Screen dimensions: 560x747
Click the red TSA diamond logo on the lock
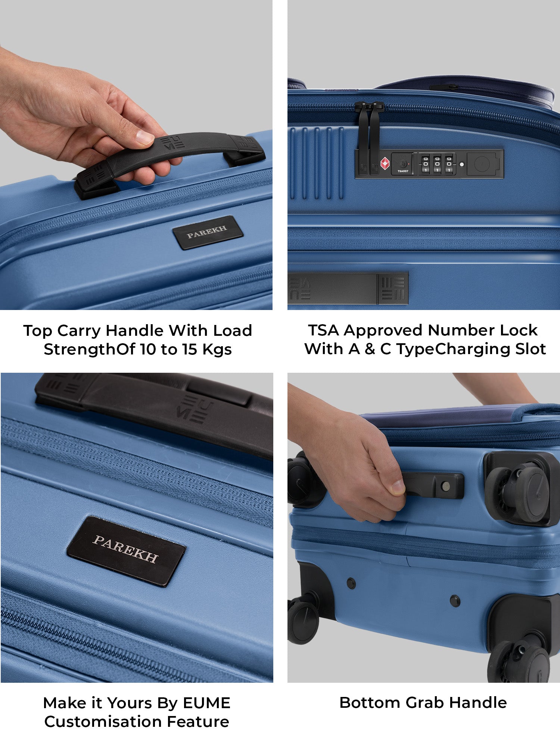point(385,164)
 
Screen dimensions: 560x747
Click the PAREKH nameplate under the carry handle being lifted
point(208,232)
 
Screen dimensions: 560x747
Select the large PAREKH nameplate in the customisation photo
point(126,551)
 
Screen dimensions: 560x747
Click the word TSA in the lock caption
point(323,330)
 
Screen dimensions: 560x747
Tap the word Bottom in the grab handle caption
point(370,703)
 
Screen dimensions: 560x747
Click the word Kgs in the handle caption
point(217,350)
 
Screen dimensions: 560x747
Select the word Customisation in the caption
point(103,722)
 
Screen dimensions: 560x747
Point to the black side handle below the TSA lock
point(348,287)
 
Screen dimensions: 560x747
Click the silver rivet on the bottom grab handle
point(445,486)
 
